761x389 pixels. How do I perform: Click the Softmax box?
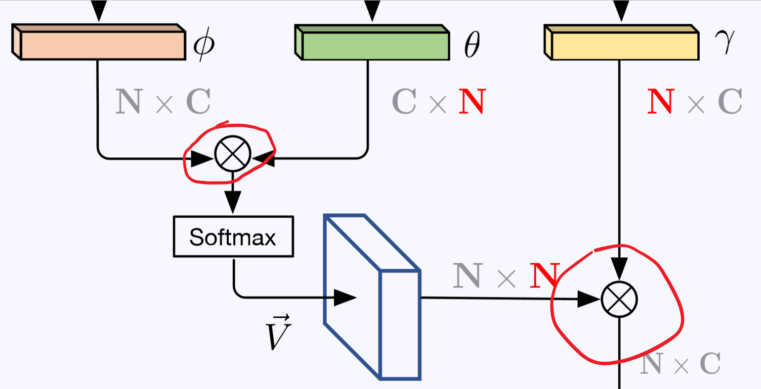click(233, 237)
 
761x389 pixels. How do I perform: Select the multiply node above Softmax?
click(233, 153)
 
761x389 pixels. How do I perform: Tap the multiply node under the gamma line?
click(619, 299)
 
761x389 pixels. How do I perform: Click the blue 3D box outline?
click(372, 297)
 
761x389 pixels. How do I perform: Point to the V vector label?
click(278, 332)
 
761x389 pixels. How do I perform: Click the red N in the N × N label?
click(544, 276)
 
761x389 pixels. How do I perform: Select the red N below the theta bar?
click(472, 101)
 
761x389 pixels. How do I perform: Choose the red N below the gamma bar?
click(660, 101)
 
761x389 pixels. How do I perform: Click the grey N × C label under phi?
click(163, 101)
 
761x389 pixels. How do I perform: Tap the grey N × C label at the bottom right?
click(680, 363)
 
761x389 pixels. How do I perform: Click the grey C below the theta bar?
click(404, 101)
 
